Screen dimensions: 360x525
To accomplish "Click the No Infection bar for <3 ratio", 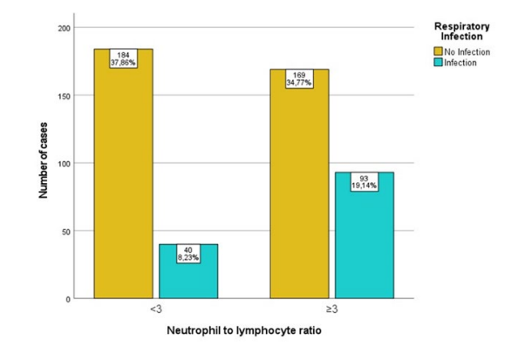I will (x=123, y=192).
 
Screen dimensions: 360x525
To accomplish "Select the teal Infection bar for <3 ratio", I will (x=187, y=279).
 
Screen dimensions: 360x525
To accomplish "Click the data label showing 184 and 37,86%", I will (x=123, y=58).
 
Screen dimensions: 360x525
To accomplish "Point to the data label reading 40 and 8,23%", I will (x=187, y=254).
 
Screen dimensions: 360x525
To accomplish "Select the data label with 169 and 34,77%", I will (x=299, y=78).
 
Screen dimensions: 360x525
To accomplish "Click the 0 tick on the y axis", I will (x=67, y=299).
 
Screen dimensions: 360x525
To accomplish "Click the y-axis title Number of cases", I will (x=42, y=163).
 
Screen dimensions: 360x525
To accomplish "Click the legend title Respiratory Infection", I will (x=461, y=32).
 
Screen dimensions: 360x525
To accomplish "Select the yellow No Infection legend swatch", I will (x=439, y=52).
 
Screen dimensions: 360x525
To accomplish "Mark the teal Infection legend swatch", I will (x=439, y=63).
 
